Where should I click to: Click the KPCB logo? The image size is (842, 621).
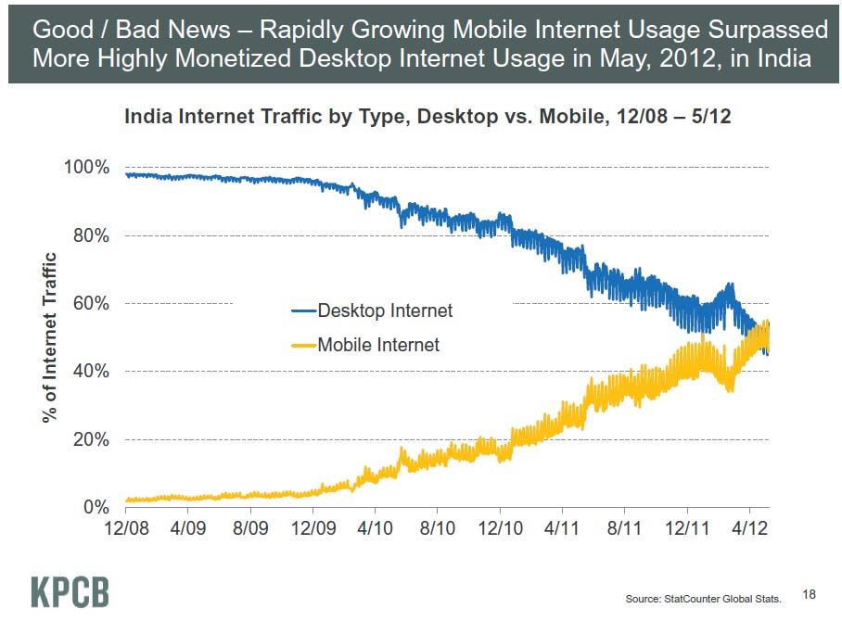(70, 591)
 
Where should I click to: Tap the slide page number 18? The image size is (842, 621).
(809, 593)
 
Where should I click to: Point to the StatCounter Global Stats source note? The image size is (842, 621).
(704, 599)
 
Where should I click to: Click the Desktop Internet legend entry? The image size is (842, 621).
(385, 310)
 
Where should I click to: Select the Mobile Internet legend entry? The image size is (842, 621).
(378, 345)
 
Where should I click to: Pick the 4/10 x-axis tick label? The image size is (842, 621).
(375, 530)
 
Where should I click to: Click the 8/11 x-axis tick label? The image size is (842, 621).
(624, 530)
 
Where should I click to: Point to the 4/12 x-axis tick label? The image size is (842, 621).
(749, 530)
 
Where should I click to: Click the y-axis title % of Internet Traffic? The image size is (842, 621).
(51, 338)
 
